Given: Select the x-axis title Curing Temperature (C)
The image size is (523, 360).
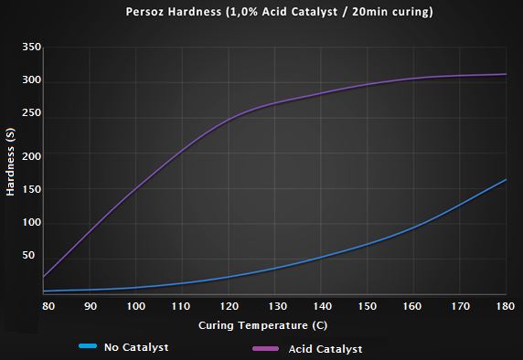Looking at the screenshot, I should [x=274, y=325].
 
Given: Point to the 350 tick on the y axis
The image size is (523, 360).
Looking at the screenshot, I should [x=31, y=47].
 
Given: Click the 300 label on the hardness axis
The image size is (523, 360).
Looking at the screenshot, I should [x=31, y=81].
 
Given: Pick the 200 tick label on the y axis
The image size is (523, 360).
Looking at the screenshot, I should [x=31, y=156].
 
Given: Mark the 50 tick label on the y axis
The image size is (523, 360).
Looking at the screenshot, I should [x=34, y=256].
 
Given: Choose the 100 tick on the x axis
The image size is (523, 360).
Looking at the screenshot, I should [x=136, y=306].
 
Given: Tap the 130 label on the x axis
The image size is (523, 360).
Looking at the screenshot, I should [x=275, y=306].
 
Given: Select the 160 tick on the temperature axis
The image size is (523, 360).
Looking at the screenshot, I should [x=413, y=306].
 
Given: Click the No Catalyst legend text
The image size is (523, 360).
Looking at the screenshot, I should [x=136, y=347].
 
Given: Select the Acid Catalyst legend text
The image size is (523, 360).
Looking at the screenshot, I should [x=326, y=348].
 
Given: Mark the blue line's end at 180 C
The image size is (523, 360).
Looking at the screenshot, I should [x=506, y=179].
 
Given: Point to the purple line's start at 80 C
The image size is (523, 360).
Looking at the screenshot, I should [x=44, y=277].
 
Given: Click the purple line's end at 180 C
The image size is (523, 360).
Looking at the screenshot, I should [x=506, y=74].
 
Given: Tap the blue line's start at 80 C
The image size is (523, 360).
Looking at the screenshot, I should [x=44, y=291].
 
